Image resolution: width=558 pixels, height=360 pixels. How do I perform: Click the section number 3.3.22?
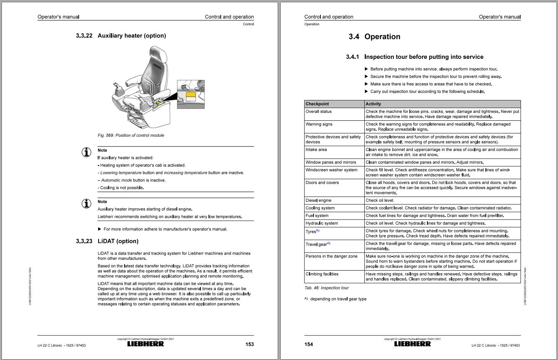[84, 36]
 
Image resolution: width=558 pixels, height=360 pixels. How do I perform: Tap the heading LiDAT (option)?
[118, 241]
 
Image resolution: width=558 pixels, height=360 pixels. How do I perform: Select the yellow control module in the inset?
[191, 95]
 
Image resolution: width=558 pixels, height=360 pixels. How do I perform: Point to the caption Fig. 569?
[131, 135]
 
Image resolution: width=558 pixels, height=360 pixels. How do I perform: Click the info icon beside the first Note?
[87, 152]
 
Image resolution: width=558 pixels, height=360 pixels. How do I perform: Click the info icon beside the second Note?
[87, 204]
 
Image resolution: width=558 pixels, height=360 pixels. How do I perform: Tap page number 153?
[249, 344]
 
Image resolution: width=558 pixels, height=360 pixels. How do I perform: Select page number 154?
[309, 344]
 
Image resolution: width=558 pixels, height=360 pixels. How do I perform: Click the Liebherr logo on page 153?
[146, 344]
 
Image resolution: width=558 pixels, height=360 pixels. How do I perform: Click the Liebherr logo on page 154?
[412, 344]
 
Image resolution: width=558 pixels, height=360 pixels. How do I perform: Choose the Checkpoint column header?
[317, 104]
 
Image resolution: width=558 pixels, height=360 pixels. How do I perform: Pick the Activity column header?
[374, 104]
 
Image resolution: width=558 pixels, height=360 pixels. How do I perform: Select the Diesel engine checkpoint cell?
[319, 200]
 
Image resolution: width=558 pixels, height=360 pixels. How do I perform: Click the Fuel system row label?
[317, 216]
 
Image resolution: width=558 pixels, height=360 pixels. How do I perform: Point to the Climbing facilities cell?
[322, 274]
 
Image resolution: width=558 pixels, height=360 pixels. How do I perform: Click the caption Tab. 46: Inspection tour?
[327, 288]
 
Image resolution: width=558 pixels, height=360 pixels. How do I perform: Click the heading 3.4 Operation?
[374, 37]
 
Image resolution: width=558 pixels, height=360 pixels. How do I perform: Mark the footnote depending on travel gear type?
[338, 299]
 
